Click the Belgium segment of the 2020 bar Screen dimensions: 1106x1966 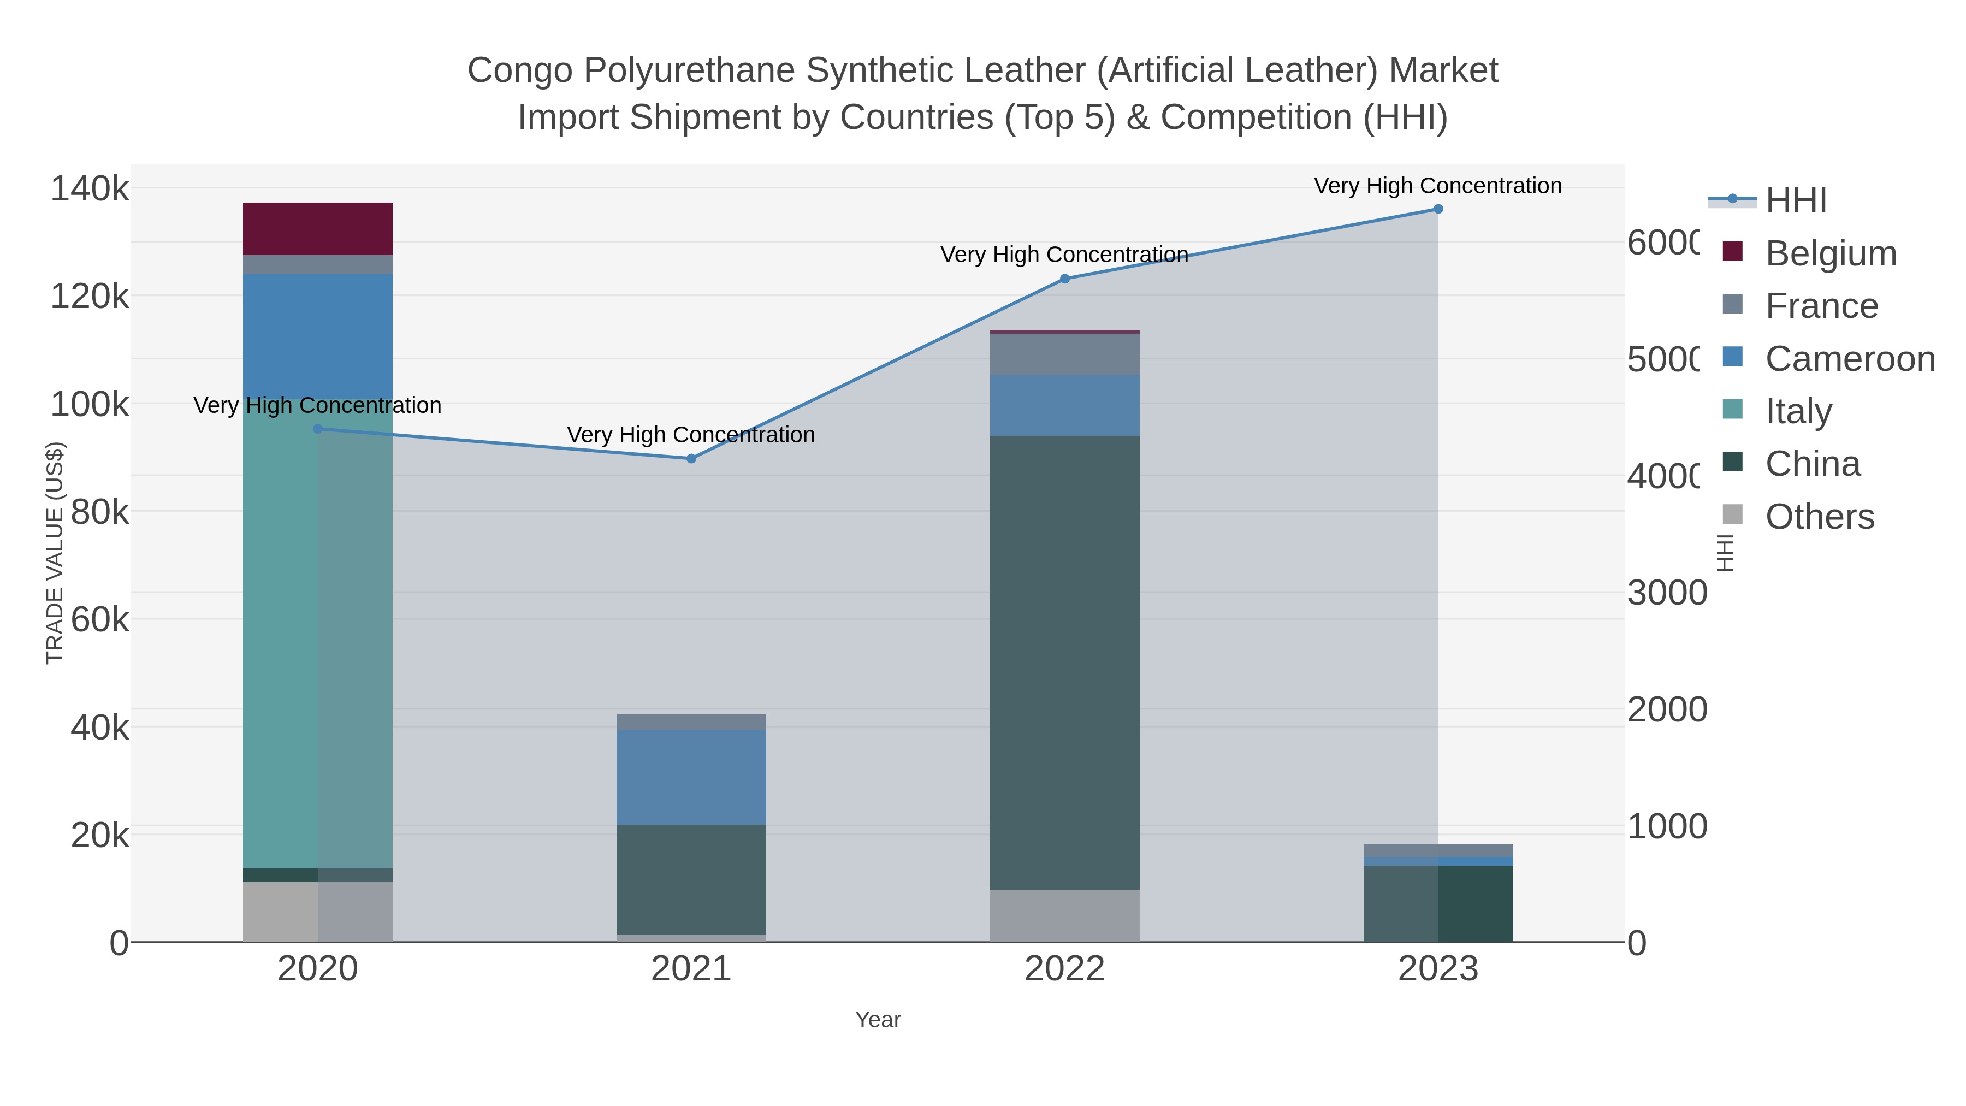pos(317,228)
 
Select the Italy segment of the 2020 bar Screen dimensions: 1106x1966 pos(317,634)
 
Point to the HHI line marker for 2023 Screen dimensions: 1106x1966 pos(1438,209)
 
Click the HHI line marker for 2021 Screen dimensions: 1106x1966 pos(691,459)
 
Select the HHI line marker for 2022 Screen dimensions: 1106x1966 pos(1065,279)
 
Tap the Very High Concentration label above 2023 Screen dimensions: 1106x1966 pos(1437,186)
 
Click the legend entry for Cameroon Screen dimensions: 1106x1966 pos(1849,359)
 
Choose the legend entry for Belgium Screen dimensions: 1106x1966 pos(1830,253)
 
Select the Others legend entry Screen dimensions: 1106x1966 pos(1819,517)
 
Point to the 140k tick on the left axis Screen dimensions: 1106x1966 pos(90,188)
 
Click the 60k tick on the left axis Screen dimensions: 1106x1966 pos(99,620)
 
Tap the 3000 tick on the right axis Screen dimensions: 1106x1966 pos(1666,593)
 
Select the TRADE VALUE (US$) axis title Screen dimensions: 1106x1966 pos(55,553)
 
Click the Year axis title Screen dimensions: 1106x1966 pos(878,1020)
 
